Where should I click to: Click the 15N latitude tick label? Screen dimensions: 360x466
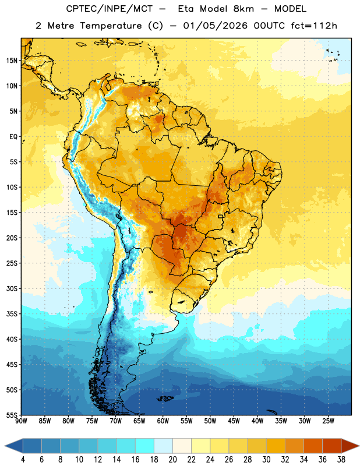[x=12, y=61]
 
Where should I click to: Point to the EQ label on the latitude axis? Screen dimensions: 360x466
[x=13, y=137]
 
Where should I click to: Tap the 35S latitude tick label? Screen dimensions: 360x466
[x=12, y=314]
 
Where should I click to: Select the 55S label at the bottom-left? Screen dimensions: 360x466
[x=12, y=415]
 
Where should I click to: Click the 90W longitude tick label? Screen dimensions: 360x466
[x=21, y=421]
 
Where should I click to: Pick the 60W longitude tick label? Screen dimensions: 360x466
[x=163, y=421]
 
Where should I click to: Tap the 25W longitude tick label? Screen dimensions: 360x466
[x=328, y=421]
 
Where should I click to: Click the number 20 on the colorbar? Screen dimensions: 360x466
[x=172, y=460]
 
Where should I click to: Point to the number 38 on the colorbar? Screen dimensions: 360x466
[x=341, y=460]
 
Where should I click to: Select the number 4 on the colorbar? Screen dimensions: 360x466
[x=23, y=460]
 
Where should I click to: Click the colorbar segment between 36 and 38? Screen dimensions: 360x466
[x=332, y=446]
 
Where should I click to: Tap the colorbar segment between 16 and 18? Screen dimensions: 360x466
[x=144, y=446]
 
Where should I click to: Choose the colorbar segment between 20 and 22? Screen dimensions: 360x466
[x=182, y=446]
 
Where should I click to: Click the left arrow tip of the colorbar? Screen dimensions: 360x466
[x=5, y=446]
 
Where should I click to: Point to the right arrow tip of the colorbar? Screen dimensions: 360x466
[x=359, y=446]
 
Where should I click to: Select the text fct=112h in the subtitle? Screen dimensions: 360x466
[x=314, y=26]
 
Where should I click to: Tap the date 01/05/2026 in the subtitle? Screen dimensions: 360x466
[x=215, y=26]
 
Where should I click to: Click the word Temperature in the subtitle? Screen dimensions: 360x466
[x=111, y=26]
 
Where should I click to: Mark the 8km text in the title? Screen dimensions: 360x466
[x=243, y=9]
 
